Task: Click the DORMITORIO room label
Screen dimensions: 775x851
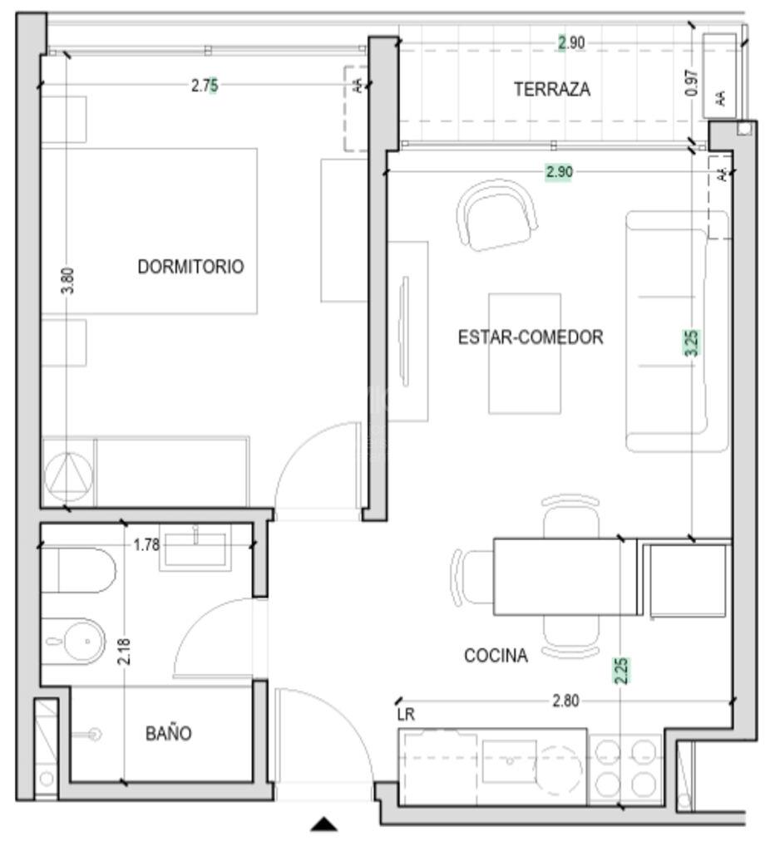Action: (x=190, y=267)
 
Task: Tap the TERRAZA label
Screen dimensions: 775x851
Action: (x=552, y=89)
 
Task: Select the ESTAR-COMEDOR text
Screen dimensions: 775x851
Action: (x=531, y=337)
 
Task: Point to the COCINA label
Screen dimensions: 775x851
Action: (x=496, y=656)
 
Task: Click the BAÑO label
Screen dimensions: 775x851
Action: (x=168, y=734)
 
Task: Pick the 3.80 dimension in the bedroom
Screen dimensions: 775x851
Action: (x=67, y=281)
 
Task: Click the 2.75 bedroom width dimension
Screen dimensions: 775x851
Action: (x=205, y=86)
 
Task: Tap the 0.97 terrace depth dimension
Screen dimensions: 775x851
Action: (x=692, y=82)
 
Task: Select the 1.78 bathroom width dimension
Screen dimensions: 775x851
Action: (x=146, y=544)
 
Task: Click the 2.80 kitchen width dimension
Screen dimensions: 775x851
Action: (x=566, y=701)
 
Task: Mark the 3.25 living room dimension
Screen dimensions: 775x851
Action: (x=691, y=343)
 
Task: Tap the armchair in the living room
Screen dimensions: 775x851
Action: (x=497, y=215)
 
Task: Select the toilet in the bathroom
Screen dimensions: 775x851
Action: (x=78, y=570)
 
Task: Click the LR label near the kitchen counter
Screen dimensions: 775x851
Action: (x=406, y=715)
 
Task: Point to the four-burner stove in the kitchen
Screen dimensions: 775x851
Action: (x=625, y=768)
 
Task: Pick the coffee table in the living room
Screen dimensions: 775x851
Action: (x=525, y=353)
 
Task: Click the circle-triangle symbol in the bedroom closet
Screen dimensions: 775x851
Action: (x=68, y=476)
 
